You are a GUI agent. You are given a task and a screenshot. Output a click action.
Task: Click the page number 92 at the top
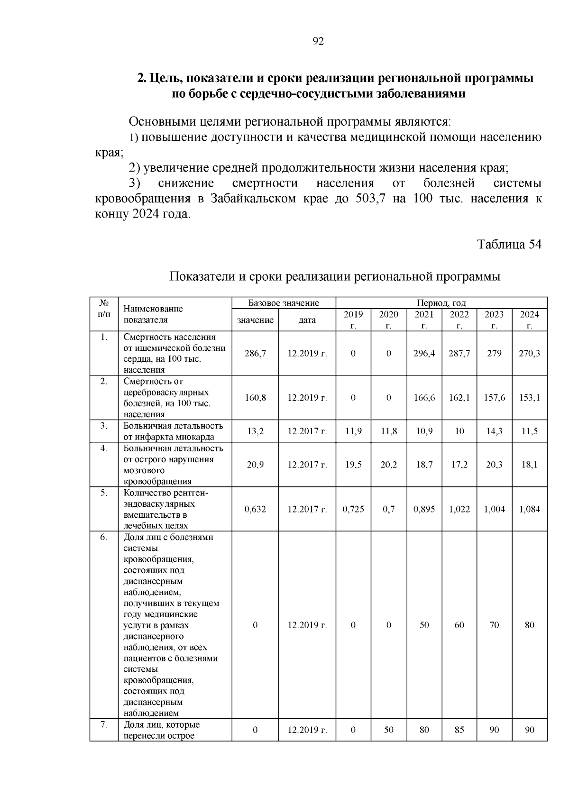(318, 42)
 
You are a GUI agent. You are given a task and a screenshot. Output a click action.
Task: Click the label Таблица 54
(509, 245)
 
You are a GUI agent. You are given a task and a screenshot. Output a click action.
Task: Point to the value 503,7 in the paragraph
(371, 199)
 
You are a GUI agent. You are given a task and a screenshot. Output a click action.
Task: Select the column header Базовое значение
(284, 303)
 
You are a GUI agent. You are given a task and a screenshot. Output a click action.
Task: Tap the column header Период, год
(441, 303)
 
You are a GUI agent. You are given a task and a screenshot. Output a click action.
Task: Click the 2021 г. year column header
(424, 320)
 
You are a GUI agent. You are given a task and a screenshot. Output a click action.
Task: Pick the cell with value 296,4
(424, 354)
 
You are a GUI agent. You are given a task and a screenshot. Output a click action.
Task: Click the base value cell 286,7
(255, 354)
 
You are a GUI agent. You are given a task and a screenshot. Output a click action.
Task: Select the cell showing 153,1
(529, 398)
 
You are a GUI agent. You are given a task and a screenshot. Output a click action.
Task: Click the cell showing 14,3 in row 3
(494, 431)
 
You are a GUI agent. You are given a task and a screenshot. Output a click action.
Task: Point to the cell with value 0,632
(255, 509)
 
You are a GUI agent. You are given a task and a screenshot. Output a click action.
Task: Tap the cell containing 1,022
(459, 509)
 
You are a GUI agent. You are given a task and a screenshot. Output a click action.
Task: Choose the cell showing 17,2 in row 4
(459, 465)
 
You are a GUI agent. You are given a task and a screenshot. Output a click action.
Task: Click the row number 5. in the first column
(104, 493)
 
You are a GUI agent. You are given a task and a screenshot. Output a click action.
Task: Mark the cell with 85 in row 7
(459, 730)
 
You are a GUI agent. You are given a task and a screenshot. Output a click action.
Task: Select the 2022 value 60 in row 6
(459, 625)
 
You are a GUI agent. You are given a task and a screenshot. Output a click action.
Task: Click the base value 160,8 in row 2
(255, 398)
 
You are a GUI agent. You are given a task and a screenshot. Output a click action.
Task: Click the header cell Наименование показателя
(153, 314)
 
